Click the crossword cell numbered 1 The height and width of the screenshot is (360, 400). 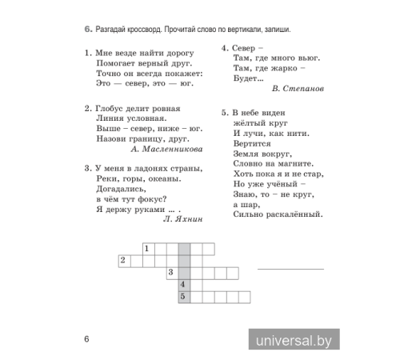click(147, 249)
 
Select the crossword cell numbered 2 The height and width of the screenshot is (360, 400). click(123, 260)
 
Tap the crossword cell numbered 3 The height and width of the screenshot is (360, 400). click(171, 272)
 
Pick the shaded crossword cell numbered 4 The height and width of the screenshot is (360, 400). click(183, 284)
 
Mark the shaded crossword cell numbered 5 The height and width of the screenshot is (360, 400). click(183, 296)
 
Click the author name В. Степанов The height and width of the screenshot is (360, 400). click(296, 86)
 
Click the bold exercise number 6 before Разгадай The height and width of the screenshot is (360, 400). click(87, 30)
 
